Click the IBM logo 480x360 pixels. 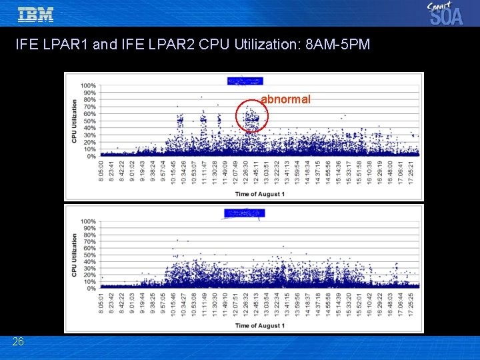coord(35,14)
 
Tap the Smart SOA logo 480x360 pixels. coord(445,13)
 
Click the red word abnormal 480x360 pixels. coord(285,99)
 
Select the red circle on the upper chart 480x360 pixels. coord(251,117)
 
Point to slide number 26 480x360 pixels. coord(18,341)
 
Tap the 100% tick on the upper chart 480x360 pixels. coord(87,85)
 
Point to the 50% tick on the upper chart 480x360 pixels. coord(89,121)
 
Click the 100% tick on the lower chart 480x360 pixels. coord(87,221)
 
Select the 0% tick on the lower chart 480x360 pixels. coord(91,289)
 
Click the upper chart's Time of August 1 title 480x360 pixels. coord(259,194)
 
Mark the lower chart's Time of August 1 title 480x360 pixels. coord(259,325)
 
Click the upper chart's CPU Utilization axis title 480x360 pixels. coord(74,121)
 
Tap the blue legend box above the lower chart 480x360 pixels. coord(245,213)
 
